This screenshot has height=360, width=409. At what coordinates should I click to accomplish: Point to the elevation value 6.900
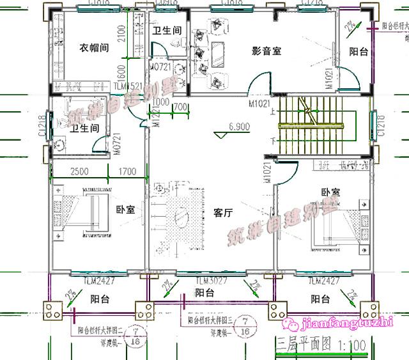[x=240, y=127]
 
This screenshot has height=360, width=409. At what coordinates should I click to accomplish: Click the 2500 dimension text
[x=80, y=171]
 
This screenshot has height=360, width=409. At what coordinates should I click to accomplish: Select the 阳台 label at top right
[x=358, y=52]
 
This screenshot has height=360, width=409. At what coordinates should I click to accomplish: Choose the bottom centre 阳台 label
[x=204, y=293]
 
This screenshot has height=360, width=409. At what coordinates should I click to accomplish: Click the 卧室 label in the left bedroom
[x=125, y=209]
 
